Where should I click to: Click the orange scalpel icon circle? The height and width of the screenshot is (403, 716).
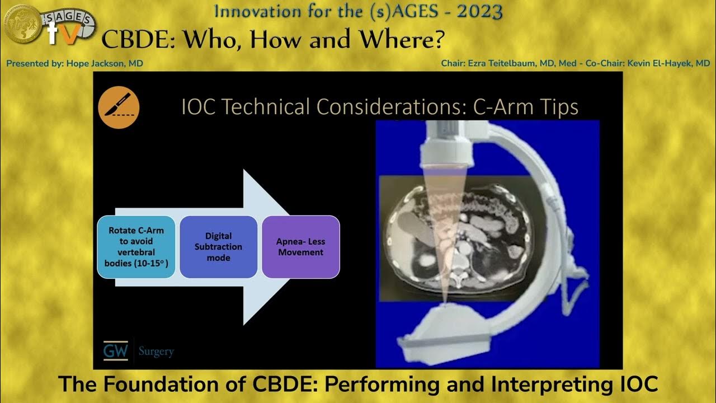[x=118, y=108]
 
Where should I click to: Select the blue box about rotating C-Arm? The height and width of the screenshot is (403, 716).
[x=136, y=247]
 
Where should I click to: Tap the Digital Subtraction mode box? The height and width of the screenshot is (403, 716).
[x=218, y=247]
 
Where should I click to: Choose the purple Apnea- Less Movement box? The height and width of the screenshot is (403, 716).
[x=301, y=247]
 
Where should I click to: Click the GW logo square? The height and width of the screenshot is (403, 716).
[x=116, y=351]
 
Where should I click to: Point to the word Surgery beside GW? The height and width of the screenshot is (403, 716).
[x=156, y=352]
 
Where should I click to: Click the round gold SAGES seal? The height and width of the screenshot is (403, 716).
[x=22, y=23]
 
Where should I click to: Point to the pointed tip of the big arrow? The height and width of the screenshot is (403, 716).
[x=289, y=247]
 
